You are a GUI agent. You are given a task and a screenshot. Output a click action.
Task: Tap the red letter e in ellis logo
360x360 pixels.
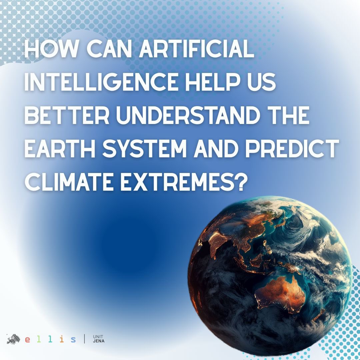(x=28, y=340)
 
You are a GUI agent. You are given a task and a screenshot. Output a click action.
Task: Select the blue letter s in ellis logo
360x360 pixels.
(x=73, y=340)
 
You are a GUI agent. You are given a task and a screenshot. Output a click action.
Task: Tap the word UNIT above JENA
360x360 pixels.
(x=98, y=337)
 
